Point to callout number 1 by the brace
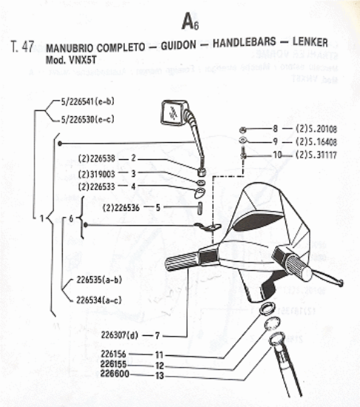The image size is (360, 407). click(41, 218)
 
